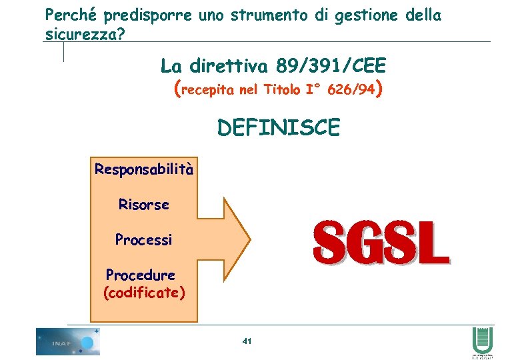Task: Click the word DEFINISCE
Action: [x=278, y=127]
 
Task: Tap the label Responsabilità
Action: [x=144, y=169]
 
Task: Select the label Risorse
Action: [x=144, y=205]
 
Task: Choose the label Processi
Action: [x=143, y=239]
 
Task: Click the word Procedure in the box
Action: [x=141, y=275]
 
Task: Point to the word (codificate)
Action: [x=145, y=293]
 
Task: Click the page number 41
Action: [x=247, y=341]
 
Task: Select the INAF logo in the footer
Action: [x=67, y=342]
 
